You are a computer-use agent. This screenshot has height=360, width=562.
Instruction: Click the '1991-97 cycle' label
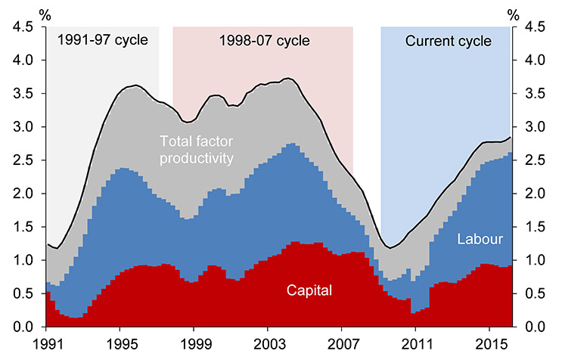coord(103,40)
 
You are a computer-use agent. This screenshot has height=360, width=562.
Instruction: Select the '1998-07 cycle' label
coord(263,40)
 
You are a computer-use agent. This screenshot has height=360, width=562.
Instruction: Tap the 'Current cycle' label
coord(448,40)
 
